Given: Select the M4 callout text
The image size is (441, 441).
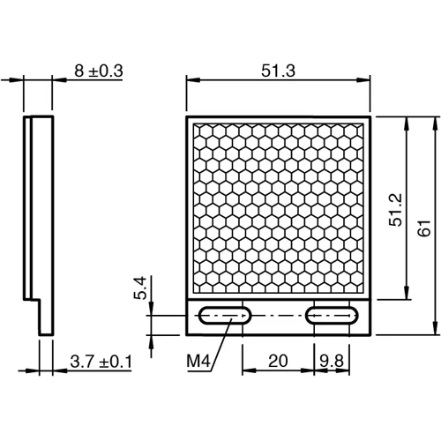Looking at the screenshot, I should coord(199,362).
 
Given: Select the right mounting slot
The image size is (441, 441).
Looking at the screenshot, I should coord(333,316).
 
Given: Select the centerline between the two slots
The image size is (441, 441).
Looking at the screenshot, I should coord(278,316).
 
